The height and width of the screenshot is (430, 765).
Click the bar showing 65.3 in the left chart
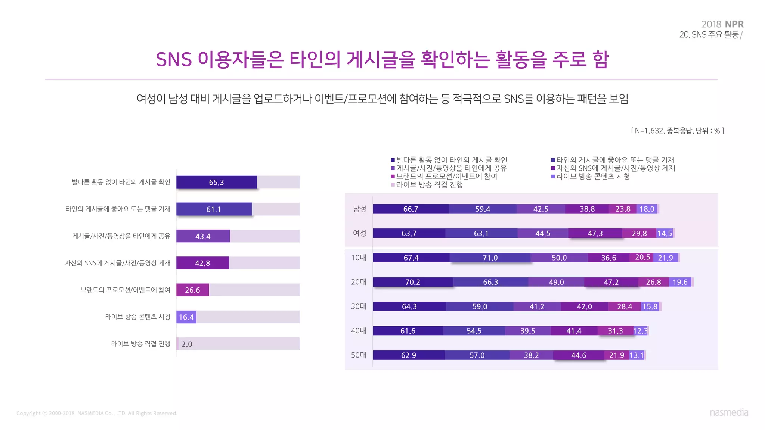pyautogui.click(x=217, y=182)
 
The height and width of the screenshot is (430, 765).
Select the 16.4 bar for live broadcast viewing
pyautogui.click(x=186, y=317)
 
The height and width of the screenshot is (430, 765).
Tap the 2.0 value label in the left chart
pyautogui.click(x=187, y=344)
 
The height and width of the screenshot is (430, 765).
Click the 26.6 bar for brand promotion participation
pyautogui.click(x=192, y=290)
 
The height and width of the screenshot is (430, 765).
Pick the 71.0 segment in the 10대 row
pyautogui.click(x=490, y=258)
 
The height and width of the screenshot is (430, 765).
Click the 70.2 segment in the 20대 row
pyautogui.click(x=413, y=282)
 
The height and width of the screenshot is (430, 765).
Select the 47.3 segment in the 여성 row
pyautogui.click(x=595, y=233)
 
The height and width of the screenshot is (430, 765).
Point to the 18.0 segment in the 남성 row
pyautogui.click(x=647, y=209)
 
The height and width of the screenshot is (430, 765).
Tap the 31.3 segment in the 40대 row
pyautogui.click(x=615, y=331)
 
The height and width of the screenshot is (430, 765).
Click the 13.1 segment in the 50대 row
pyautogui.click(x=637, y=355)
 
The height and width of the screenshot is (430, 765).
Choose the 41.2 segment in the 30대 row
pyautogui.click(x=537, y=306)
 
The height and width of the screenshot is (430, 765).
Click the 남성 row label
pyautogui.click(x=359, y=209)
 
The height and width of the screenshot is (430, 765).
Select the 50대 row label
pyautogui.click(x=358, y=355)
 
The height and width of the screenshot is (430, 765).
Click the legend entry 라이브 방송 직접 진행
pyautogui.click(x=430, y=185)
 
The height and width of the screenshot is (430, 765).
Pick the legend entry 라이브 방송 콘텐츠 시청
pyautogui.click(x=593, y=177)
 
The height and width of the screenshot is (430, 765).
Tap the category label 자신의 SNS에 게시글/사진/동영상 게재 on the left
pyautogui.click(x=117, y=263)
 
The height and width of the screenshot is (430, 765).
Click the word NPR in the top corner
pyautogui.click(x=734, y=24)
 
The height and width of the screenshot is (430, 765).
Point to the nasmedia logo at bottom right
pyautogui.click(x=729, y=412)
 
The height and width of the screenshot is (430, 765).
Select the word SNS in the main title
pyautogui.click(x=174, y=60)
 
